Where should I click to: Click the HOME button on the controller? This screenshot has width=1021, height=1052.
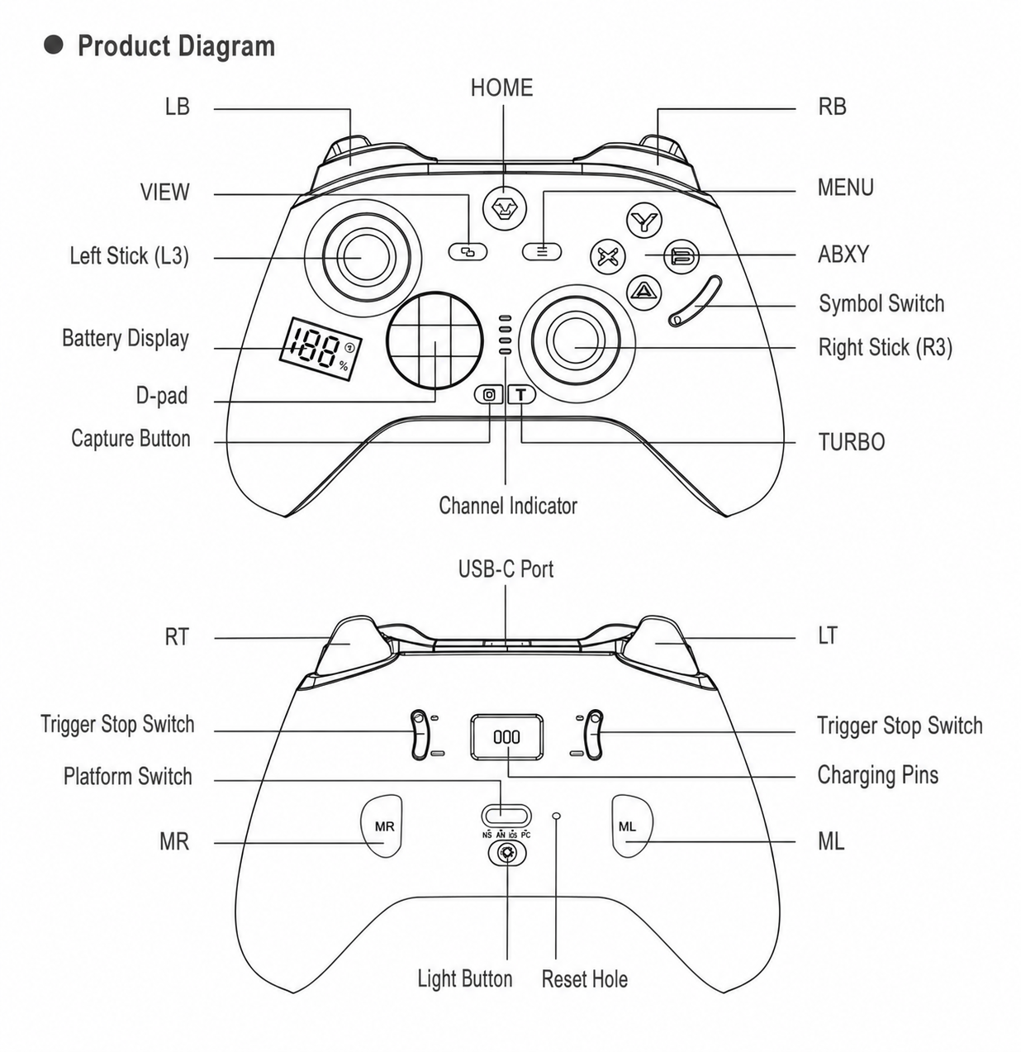pos(504,208)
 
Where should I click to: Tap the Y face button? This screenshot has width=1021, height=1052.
pos(643,221)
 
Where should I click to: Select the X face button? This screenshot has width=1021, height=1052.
pos(607,257)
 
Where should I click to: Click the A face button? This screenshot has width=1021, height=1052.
pos(643,293)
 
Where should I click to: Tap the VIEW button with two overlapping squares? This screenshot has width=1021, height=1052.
pos(468,251)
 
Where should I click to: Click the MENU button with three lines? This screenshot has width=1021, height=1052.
pos(542,251)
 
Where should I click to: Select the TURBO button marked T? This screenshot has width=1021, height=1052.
pos(521,395)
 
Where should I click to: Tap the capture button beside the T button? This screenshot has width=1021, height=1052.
pos(489,395)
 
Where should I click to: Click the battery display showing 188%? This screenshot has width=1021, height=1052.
pos(321,349)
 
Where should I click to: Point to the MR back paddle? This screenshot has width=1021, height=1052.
pos(382,826)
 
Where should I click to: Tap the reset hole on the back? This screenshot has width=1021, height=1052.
pos(558,815)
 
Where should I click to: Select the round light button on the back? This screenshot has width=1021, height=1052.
pos(507,854)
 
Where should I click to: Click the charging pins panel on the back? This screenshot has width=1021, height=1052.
pos(507,737)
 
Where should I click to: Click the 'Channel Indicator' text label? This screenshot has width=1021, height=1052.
pos(507,506)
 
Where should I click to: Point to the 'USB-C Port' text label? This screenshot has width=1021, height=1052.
pos(506,569)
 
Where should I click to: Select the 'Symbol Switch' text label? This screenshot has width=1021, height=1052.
pos(881,303)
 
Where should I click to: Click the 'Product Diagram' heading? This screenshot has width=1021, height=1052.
pos(176,46)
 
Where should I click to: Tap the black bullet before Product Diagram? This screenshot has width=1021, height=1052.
pos(54,45)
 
